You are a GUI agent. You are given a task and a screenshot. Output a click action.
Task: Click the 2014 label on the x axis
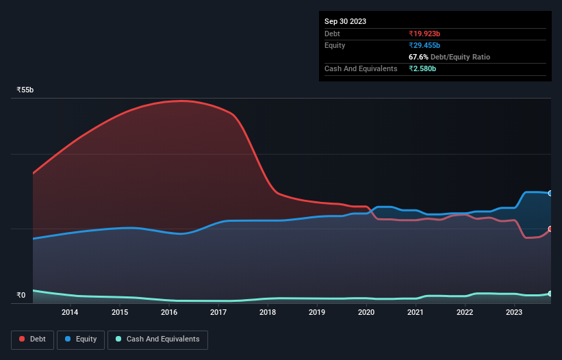coord(70,313)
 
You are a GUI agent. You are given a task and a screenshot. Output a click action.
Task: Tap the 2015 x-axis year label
coord(120,313)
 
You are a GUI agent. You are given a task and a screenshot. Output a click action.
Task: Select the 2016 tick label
coord(169,313)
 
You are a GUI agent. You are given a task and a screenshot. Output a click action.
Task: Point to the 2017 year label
coord(218,313)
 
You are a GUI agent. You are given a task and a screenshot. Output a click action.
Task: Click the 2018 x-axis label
coord(268,313)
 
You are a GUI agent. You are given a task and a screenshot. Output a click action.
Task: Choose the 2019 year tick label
coord(317,313)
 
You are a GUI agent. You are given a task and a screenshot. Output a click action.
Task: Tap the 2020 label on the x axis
coord(366,313)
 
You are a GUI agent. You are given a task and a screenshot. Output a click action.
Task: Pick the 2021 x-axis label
coord(416,313)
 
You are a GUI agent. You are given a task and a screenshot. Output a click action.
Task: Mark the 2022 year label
coord(465,313)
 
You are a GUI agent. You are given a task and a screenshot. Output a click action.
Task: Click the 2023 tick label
coord(514,313)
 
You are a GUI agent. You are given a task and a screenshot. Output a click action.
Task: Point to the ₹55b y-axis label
coord(25,90)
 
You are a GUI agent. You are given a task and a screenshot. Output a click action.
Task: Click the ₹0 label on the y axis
coord(21,296)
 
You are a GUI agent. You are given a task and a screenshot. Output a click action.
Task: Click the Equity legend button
coord(81,339)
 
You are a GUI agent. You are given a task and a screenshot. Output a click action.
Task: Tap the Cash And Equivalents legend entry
coord(157,339)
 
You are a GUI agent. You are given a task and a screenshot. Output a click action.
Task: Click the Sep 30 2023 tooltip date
coord(345,21)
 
